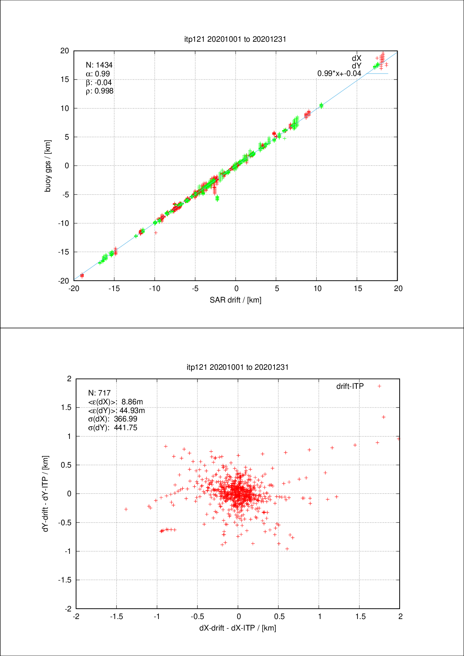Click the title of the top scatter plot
click(x=235, y=39)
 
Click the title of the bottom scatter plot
click(x=238, y=367)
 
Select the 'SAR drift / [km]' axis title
click(x=236, y=300)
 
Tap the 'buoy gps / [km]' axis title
click(x=48, y=166)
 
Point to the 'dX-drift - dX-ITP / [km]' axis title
click(x=238, y=628)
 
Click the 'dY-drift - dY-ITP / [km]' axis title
click(x=46, y=493)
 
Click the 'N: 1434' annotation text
click(x=99, y=65)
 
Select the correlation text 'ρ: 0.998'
click(x=100, y=91)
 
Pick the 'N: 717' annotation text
click(x=99, y=393)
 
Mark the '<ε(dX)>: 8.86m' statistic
click(x=116, y=402)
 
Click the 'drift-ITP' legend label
click(x=350, y=386)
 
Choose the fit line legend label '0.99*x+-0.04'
click(x=339, y=74)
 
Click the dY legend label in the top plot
click(x=356, y=66)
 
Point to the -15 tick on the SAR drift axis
click(x=114, y=289)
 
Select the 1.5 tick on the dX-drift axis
click(x=360, y=617)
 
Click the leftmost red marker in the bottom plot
click(x=126, y=509)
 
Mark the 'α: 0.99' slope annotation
click(x=98, y=74)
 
